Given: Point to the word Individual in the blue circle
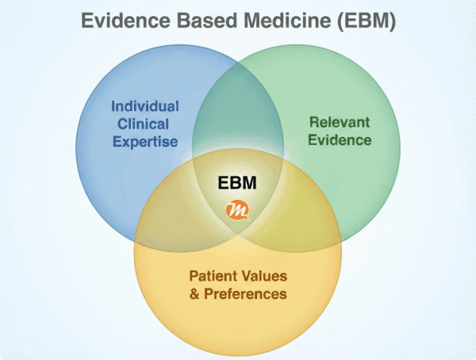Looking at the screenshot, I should (x=144, y=106).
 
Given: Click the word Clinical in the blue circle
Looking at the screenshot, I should (x=144, y=124).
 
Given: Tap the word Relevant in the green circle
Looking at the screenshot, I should (x=340, y=123).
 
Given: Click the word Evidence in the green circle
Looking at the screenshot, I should (x=340, y=140).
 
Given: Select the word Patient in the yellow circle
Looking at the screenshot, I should (x=210, y=277).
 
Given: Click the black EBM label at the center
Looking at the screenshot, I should (x=239, y=183).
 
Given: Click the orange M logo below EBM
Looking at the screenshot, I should (x=238, y=209).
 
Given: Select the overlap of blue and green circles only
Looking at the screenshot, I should (x=238, y=119).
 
